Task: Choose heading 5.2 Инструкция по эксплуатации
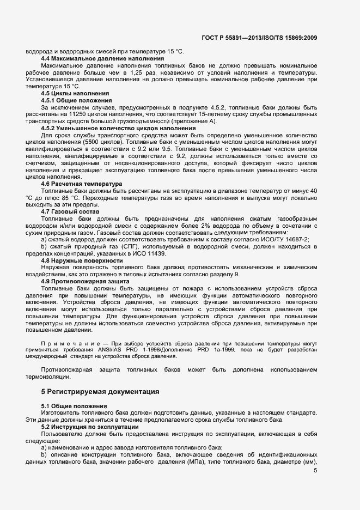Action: coord(89,427)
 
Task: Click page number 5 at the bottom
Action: coord(315,470)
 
